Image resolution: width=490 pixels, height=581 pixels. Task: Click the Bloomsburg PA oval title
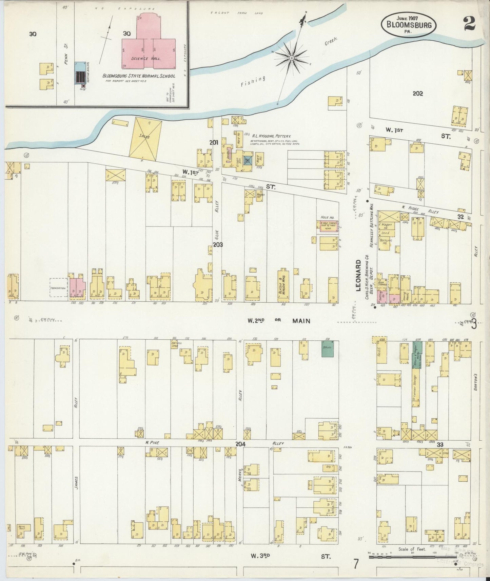pyautogui.click(x=408, y=24)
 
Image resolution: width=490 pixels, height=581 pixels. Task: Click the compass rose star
pyautogui.click(x=291, y=58)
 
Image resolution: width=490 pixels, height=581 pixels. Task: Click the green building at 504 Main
pyautogui.click(x=327, y=348)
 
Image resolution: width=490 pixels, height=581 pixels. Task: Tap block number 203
pyautogui.click(x=217, y=244)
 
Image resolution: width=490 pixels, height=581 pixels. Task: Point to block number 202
pyautogui.click(x=417, y=94)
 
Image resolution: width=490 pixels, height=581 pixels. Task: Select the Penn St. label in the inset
pyautogui.click(x=66, y=58)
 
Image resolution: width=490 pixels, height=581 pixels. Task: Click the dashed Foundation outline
pyautogui.click(x=58, y=288)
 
